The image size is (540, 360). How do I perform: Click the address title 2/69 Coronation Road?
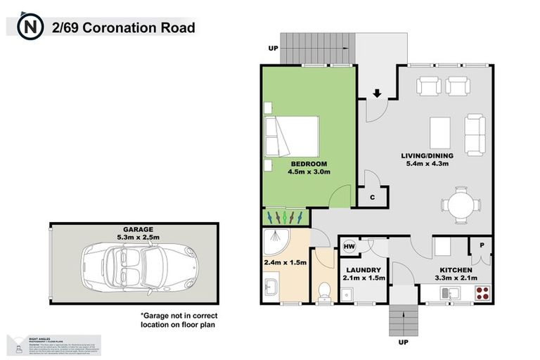coord(123,28)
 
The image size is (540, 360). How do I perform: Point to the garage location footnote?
coord(177,320)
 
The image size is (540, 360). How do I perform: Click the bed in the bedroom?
coord(291,136)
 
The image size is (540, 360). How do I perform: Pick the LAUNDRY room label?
coord(364,270)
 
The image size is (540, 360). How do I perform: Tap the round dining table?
coord(461,203)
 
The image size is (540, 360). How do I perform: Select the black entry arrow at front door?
coord(376,94)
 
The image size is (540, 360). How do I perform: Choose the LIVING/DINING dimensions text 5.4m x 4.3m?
coord(425,164)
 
